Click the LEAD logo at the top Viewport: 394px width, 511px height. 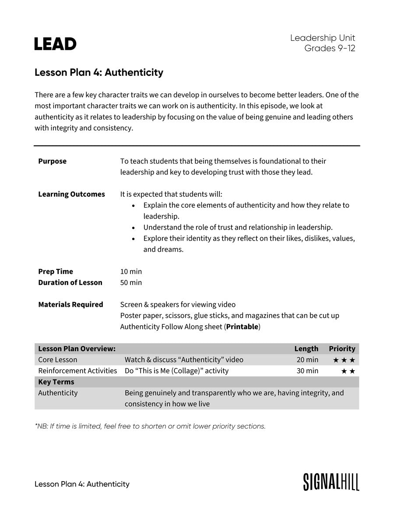[x=55, y=44]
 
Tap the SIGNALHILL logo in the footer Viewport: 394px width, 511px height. [x=331, y=482]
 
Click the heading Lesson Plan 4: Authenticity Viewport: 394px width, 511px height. [x=99, y=72]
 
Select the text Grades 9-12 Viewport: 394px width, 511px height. [x=330, y=48]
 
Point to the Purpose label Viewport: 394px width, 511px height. [x=52, y=161]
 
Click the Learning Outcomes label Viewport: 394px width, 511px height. [x=71, y=194]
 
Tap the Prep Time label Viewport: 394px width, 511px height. [x=56, y=272]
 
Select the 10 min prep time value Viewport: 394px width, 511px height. [x=131, y=272]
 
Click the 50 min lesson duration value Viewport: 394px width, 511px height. [x=131, y=283]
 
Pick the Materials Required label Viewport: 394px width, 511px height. [x=70, y=305]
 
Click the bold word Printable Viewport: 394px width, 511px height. [x=243, y=327]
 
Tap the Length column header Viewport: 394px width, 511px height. [x=306, y=349]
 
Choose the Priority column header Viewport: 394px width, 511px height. [x=342, y=349]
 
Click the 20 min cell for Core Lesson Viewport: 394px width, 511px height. [x=307, y=360]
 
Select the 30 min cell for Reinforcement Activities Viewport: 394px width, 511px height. [x=307, y=371]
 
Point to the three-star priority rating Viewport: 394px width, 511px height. [x=344, y=360]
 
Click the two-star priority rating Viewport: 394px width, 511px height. [x=348, y=371]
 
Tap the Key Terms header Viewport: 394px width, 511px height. [x=56, y=382]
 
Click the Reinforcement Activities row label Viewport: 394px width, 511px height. [x=77, y=371]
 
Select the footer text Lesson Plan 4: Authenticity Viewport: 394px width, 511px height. [x=82, y=484]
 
